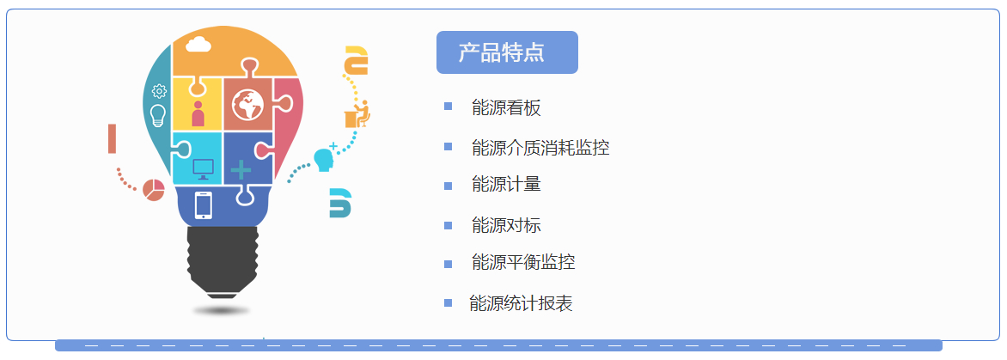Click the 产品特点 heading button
tap(507, 52)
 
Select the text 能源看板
tap(506, 107)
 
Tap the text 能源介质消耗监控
tap(540, 148)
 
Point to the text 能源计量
tap(506, 185)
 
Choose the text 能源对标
tap(506, 225)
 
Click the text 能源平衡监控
tap(522, 262)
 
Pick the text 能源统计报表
tap(521, 303)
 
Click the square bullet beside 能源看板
tap(448, 106)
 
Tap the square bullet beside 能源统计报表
tap(448, 303)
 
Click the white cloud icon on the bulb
tap(198, 45)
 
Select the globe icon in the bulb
tap(247, 105)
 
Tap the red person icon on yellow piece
tap(197, 113)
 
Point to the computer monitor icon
tap(203, 169)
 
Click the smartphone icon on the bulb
tap(203, 205)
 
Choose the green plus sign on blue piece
tap(241, 169)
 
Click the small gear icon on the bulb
tap(159, 91)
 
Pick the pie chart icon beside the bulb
tap(154, 190)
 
